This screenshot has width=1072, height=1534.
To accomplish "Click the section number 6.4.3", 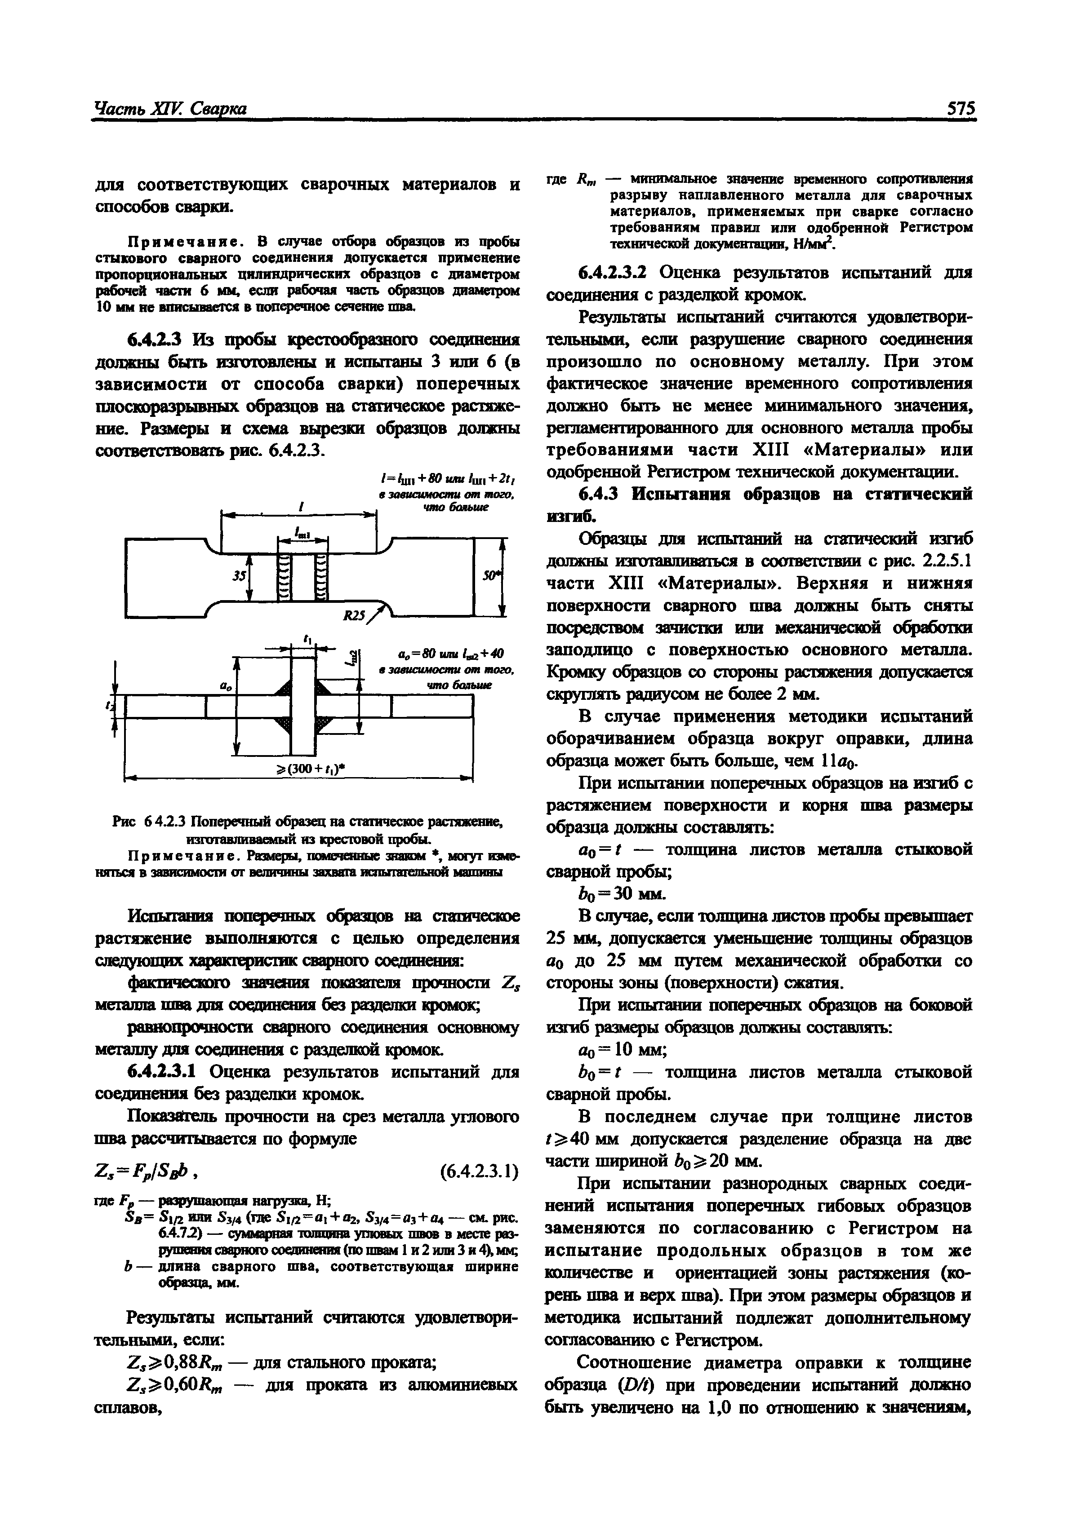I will pos(600,494).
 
